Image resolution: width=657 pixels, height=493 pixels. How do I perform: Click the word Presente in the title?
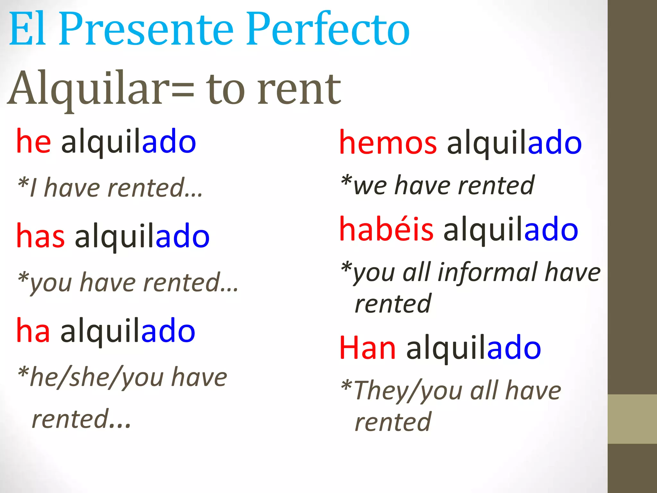[146, 30]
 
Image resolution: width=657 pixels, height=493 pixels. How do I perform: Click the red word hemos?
[388, 143]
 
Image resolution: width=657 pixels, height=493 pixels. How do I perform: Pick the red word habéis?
[386, 229]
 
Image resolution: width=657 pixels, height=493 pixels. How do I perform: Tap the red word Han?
[368, 348]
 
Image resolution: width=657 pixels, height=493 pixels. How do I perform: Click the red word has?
[40, 236]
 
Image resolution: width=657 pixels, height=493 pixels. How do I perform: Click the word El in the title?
[27, 30]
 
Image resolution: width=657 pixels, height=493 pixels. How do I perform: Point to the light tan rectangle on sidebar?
[632, 419]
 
